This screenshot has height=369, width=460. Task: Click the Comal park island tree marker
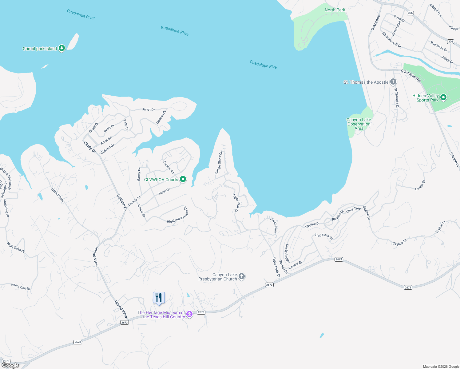coord(62,48)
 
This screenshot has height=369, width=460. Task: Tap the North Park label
coord(335,10)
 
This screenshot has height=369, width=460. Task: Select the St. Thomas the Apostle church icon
coord(393,82)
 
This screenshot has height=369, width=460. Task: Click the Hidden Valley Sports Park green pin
coord(443,97)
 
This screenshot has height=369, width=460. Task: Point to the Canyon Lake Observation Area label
coord(359,124)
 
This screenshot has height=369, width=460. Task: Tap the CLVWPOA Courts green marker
coord(183,179)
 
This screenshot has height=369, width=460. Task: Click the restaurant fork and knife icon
coord(159,298)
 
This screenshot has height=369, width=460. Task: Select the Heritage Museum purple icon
coord(189,314)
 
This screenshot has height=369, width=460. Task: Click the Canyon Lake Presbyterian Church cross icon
coord(242,276)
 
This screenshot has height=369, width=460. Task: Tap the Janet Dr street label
coord(149,109)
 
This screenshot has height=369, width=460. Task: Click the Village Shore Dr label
coord(219,163)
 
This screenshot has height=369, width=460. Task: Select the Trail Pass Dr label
coord(323,236)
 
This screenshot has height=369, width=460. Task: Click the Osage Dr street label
coord(420,185)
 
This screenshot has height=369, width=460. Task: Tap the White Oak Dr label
coord(21,287)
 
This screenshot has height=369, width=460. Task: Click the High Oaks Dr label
coord(16,247)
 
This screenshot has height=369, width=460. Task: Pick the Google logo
coord(10,365)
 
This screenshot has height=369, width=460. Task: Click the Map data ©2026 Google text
coord(441,367)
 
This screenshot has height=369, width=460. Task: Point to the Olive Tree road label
coord(353,210)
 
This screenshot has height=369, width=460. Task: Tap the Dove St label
coord(399,19)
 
